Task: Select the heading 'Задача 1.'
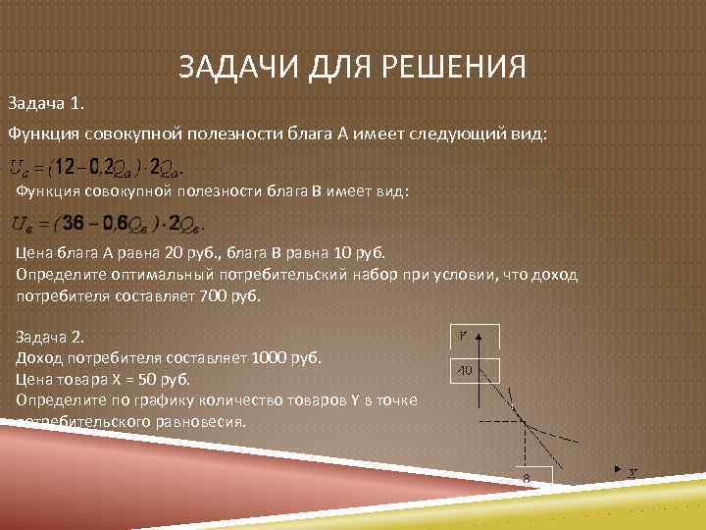(47, 102)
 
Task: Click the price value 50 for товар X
(148, 378)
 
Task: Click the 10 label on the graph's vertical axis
(463, 370)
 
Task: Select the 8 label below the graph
(526, 477)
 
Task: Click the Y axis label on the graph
(461, 336)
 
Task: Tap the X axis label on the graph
(632, 473)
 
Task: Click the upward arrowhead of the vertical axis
(479, 337)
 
